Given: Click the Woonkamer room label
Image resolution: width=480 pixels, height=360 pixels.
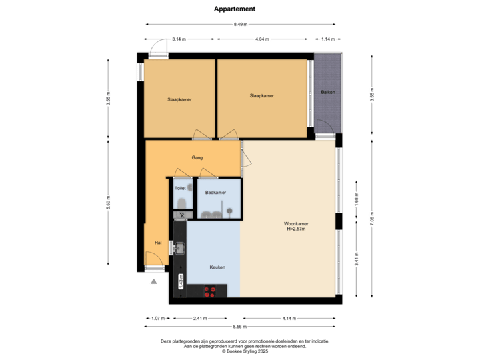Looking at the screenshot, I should coord(295,224).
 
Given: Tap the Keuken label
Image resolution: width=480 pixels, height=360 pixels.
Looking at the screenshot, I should coord(217,267).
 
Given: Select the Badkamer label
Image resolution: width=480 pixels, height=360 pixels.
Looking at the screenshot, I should coord(215,193).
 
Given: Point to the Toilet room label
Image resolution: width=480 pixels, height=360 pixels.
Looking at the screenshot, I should coord(180,189).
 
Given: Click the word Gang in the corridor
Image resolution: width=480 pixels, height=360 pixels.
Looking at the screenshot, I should coord(197,158).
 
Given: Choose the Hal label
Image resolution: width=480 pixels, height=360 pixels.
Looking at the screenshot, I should coord(159,243).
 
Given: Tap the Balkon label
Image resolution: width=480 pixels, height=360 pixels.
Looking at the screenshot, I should coord(327,92).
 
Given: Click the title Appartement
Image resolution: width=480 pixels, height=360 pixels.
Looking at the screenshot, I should coord(235,9).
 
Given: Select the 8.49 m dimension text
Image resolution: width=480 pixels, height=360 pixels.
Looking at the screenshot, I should coord(241,25).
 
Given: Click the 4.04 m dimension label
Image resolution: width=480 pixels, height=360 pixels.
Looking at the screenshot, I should coord(263,39).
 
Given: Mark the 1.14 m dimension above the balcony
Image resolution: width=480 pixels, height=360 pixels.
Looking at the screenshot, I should coord(327,39).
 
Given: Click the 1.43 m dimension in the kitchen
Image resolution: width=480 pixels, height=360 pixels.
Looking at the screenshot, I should coord(180,281).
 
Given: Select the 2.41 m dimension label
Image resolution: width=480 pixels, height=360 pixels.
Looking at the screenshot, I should coord(199,317).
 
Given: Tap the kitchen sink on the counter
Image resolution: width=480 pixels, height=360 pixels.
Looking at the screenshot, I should coord(179,249).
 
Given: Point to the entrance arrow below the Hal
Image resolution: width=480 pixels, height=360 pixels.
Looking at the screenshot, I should coord(154,281).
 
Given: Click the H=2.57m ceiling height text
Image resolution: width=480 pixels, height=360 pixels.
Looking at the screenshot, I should coord(295,231).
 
